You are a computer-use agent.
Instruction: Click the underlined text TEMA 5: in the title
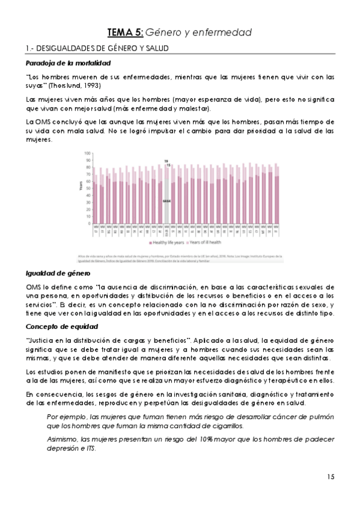pos(125,32)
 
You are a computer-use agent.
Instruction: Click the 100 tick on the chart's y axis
pos(87,153)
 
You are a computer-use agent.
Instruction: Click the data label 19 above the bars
pos(166,161)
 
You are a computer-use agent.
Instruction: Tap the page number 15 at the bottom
pos(331,477)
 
